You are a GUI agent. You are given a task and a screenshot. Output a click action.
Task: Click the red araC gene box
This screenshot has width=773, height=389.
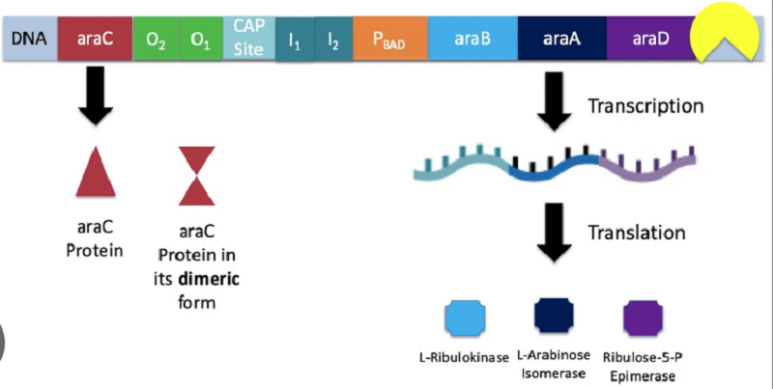pos(95,39)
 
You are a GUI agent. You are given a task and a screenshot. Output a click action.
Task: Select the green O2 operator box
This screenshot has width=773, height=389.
pos(156,39)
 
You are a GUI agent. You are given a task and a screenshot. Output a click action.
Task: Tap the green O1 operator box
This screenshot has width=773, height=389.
pos(201,39)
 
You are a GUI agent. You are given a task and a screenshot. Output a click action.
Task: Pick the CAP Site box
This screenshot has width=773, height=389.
pos(249,38)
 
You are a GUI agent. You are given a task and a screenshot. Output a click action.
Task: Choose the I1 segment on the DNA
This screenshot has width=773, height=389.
pos(295,40)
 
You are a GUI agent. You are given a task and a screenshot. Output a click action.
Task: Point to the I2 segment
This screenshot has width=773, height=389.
pos(333,40)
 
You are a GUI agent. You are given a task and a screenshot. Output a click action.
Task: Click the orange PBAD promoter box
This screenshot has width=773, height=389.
pos(390,39)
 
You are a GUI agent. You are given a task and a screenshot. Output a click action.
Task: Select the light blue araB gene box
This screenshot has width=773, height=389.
pos(472,39)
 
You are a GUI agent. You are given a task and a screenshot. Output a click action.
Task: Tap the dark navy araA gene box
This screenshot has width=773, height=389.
pos(562,39)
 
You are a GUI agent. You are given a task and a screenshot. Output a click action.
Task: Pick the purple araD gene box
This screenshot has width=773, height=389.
pos(650,39)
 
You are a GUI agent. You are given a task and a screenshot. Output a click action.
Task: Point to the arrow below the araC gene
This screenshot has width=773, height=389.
pos(95,96)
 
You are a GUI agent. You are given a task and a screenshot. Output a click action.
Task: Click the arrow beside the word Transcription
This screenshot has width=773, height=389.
pos(554,102)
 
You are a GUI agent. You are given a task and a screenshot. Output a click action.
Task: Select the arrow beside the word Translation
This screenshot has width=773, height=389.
pos(554,233)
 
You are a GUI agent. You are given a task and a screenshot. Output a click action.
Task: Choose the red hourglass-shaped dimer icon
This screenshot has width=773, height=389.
pos(197,176)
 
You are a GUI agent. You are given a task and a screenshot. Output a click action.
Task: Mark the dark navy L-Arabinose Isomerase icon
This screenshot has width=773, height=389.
pos(554,315)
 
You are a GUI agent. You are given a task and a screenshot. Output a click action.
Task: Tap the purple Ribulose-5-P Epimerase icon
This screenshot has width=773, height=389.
pos(643,319)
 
